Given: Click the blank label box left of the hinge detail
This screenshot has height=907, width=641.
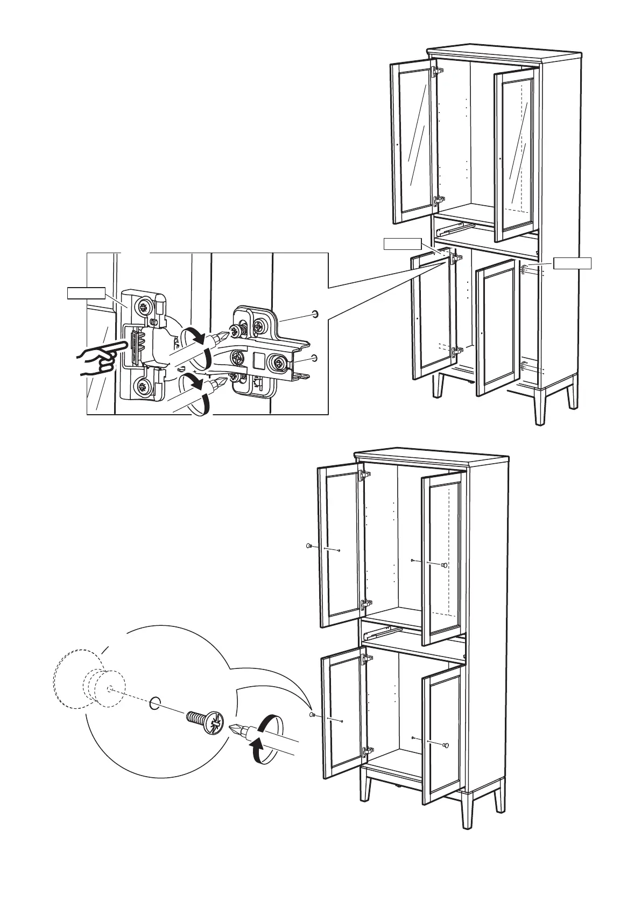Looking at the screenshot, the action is pos(85,293).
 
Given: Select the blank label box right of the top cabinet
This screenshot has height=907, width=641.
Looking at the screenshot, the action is pos(573,263).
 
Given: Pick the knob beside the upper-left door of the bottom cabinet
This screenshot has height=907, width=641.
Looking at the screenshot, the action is pos(308,546).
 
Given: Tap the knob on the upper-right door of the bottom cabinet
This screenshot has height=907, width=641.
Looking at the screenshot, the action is pos(445,566).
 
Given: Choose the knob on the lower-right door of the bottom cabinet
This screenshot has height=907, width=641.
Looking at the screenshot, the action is pos(446,744).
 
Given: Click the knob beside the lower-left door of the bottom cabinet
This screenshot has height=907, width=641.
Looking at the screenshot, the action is pos(313,715).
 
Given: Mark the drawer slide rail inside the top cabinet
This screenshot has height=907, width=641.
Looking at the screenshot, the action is pos(449,227).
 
